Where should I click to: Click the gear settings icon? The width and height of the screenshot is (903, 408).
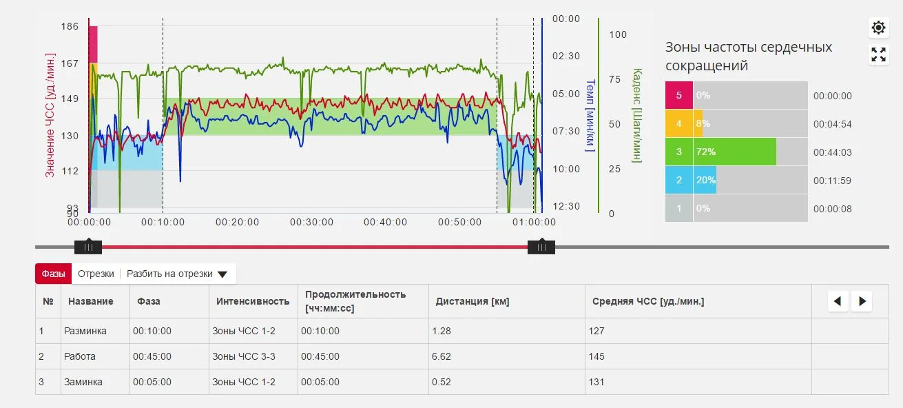[878, 28]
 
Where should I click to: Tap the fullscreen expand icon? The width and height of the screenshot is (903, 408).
[878, 55]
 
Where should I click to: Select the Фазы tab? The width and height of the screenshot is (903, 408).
[53, 274]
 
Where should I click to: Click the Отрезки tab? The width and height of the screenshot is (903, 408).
[96, 274]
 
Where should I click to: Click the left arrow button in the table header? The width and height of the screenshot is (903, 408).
[838, 301]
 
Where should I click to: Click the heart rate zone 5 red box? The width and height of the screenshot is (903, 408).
[678, 96]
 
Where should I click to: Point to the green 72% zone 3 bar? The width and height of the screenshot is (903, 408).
[734, 152]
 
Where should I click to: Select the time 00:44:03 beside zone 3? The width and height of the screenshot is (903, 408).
[832, 152]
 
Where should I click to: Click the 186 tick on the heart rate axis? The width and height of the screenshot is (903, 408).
[70, 27]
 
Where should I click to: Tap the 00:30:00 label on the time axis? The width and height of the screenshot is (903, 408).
[311, 223]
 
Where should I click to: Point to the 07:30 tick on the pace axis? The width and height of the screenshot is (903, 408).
[566, 131]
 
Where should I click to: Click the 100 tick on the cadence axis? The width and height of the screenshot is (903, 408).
[618, 34]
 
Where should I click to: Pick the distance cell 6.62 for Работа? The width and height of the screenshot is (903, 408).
[441, 356]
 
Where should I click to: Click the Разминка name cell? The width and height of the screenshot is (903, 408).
[85, 331]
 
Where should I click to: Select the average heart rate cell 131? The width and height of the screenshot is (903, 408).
[596, 382]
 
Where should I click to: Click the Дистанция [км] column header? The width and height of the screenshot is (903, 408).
[473, 301]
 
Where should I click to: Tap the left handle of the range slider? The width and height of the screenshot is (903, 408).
[88, 247]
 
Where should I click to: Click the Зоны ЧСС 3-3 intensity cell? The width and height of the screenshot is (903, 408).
[244, 356]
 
